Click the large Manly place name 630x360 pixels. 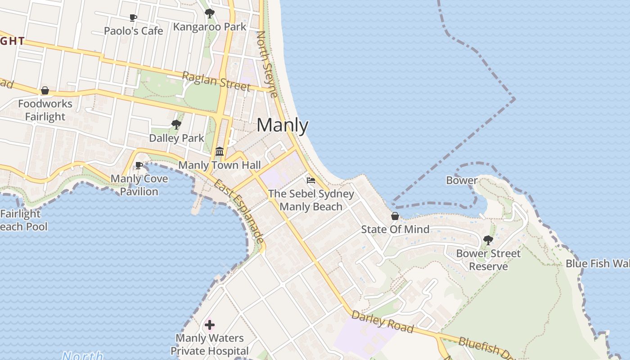point(283,125)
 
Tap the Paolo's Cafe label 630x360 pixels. point(133,31)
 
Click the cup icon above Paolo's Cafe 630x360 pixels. point(133,18)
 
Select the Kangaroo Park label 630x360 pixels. point(210,27)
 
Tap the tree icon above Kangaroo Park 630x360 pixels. point(209,13)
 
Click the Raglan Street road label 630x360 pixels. point(216,81)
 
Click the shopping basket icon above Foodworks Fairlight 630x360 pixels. point(45,90)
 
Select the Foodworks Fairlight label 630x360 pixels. point(45,110)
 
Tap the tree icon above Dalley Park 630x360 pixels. point(176,125)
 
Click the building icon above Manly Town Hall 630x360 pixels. point(220,151)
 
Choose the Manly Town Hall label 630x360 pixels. point(220,165)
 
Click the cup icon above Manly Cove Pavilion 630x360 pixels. point(139,166)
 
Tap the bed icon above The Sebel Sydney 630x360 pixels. point(311,180)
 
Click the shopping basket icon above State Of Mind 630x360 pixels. point(395,216)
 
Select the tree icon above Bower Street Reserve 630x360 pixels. point(488,240)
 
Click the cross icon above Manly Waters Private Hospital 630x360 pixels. point(210,324)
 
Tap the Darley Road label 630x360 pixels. point(382,322)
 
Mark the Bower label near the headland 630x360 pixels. point(462,180)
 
